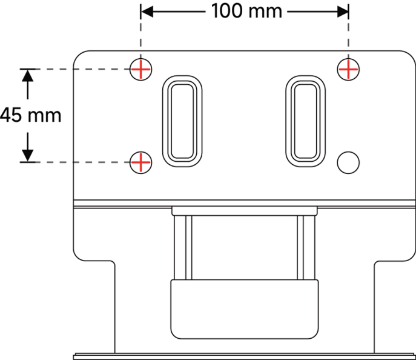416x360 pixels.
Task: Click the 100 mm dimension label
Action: coord(246,11)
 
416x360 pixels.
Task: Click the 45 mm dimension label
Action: coord(31,115)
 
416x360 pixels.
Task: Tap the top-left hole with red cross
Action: coord(140,69)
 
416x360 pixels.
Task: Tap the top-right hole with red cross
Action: coord(348,69)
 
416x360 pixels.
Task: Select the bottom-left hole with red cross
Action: coord(140,162)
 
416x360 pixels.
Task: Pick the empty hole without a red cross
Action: coord(348,162)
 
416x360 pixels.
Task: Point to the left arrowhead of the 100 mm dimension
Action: coord(147,12)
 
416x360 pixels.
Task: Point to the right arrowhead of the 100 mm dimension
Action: coord(343,12)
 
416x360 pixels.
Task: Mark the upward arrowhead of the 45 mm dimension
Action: coord(28,75)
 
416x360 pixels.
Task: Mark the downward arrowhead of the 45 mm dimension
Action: coord(28,156)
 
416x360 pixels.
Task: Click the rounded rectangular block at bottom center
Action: coord(245,309)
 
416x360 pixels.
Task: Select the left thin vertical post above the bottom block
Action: coord(183,247)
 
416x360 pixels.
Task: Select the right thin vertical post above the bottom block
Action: coord(306,247)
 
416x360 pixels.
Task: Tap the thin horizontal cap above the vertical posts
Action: coord(245,211)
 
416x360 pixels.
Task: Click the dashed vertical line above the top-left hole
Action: coord(140,32)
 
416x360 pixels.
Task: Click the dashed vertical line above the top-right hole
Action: coord(348,32)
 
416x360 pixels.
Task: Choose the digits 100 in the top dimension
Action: coord(227,11)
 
